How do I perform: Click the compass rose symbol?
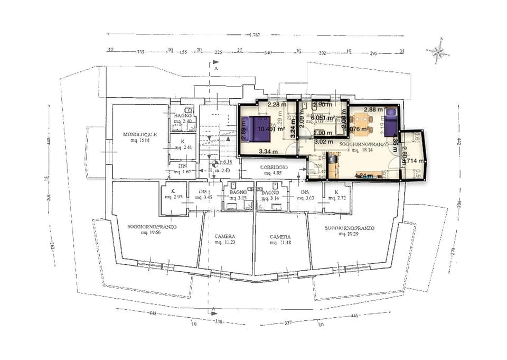(438, 51)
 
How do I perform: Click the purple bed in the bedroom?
(258, 130)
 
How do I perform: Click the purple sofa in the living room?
(391, 122)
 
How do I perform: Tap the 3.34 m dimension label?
(268, 152)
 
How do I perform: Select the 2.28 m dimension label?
(277, 105)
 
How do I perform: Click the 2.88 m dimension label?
(373, 109)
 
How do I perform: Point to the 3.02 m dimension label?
(323, 141)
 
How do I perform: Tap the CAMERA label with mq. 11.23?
(225, 239)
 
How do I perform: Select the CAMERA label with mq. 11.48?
(280, 239)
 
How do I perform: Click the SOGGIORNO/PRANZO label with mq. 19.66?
(152, 228)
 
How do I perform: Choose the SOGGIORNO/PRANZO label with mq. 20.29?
(349, 230)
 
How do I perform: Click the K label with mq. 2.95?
(173, 195)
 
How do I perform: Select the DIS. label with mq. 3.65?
(306, 195)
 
